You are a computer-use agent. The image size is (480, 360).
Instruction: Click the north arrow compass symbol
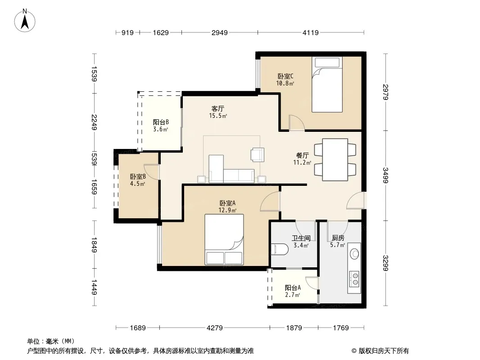click(x=25, y=21)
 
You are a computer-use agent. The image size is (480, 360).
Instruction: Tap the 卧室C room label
click(x=285, y=76)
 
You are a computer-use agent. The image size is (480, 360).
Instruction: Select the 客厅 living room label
click(x=217, y=108)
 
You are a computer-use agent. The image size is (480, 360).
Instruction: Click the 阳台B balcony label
click(x=161, y=122)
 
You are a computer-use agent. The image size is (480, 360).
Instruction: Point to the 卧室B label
click(x=138, y=177)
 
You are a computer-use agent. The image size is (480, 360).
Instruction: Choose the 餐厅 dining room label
click(x=303, y=156)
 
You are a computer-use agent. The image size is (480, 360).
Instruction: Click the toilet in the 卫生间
click(x=280, y=249)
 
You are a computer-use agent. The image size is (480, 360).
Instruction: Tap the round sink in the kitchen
click(x=354, y=253)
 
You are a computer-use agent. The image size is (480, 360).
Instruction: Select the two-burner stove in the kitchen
click(x=354, y=279)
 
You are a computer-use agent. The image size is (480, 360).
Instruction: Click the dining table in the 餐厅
click(x=335, y=160)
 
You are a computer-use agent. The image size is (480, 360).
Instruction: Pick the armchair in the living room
click(x=258, y=154)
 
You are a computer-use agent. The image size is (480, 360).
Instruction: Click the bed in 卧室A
click(x=224, y=239)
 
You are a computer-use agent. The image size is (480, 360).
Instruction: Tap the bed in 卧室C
click(x=327, y=85)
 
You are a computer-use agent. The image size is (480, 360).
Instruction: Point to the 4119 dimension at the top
click(x=310, y=32)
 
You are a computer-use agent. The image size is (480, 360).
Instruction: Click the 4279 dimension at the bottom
click(x=215, y=328)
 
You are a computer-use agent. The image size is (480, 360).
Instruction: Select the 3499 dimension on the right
click(x=385, y=175)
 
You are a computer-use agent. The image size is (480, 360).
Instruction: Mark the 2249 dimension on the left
click(x=94, y=122)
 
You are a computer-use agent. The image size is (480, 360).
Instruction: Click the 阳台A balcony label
click(x=293, y=288)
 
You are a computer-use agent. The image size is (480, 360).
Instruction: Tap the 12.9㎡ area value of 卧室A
click(x=227, y=211)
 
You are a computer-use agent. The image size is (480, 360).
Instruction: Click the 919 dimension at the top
click(x=127, y=32)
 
